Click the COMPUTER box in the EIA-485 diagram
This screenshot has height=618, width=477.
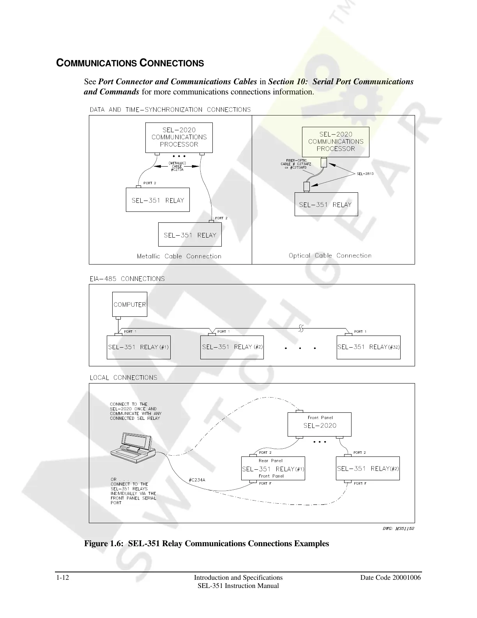(x=130, y=304)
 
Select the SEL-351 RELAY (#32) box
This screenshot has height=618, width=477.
(x=368, y=347)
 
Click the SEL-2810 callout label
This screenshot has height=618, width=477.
(x=365, y=174)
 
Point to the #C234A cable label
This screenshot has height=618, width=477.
(x=197, y=480)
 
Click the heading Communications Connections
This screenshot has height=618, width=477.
(x=130, y=63)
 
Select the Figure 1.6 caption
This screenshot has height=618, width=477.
(x=207, y=543)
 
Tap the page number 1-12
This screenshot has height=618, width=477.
(x=62, y=577)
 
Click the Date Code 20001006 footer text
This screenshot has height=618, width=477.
(x=390, y=577)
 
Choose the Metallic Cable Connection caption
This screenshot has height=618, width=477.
(x=179, y=256)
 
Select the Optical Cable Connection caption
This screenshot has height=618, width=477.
(x=330, y=256)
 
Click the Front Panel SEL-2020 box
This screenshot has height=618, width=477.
(x=320, y=424)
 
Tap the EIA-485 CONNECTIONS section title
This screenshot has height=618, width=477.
(x=127, y=279)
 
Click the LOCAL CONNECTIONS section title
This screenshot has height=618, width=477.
(x=124, y=377)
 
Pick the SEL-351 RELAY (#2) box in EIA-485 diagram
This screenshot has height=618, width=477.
(x=232, y=347)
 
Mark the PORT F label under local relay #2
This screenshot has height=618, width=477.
(x=360, y=483)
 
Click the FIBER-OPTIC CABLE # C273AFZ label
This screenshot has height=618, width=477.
(x=296, y=164)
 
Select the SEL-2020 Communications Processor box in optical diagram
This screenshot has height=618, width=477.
(x=336, y=142)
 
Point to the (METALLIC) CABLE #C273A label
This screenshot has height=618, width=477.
(x=177, y=166)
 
